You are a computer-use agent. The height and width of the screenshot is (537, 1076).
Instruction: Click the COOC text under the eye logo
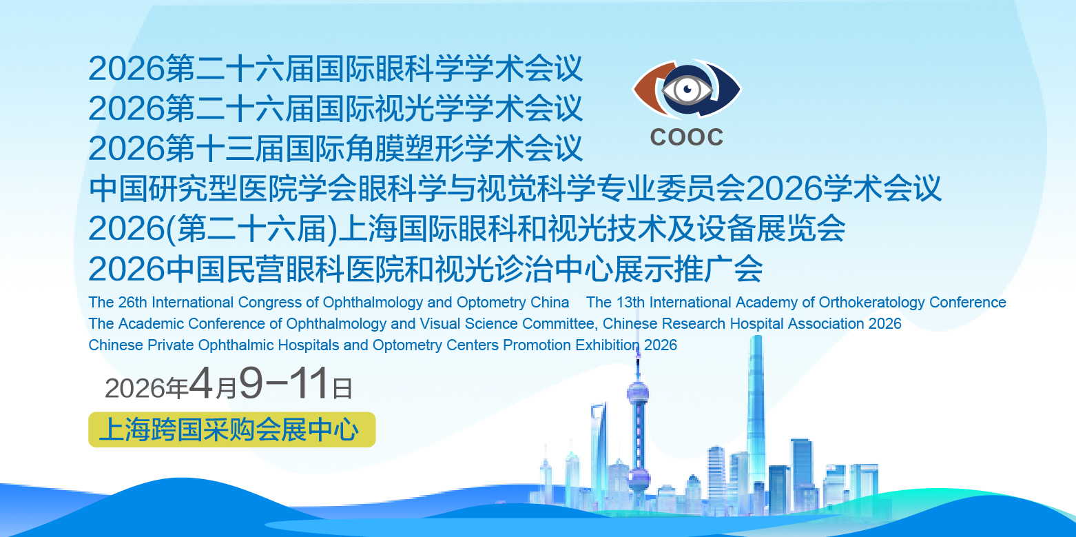(686, 137)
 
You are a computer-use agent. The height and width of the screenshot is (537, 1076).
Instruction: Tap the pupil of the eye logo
(688, 89)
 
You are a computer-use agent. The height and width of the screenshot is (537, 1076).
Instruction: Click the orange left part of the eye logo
(651, 88)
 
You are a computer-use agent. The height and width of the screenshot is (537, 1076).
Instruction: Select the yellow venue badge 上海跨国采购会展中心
(232, 429)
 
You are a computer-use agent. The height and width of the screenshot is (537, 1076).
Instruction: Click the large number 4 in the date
(201, 383)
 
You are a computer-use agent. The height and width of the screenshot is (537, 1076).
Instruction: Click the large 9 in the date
(251, 383)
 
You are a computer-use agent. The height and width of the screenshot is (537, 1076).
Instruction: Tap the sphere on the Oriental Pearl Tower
(637, 392)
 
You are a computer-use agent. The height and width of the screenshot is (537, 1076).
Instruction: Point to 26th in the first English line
(132, 302)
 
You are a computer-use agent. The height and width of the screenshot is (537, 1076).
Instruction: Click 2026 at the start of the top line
(126, 69)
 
